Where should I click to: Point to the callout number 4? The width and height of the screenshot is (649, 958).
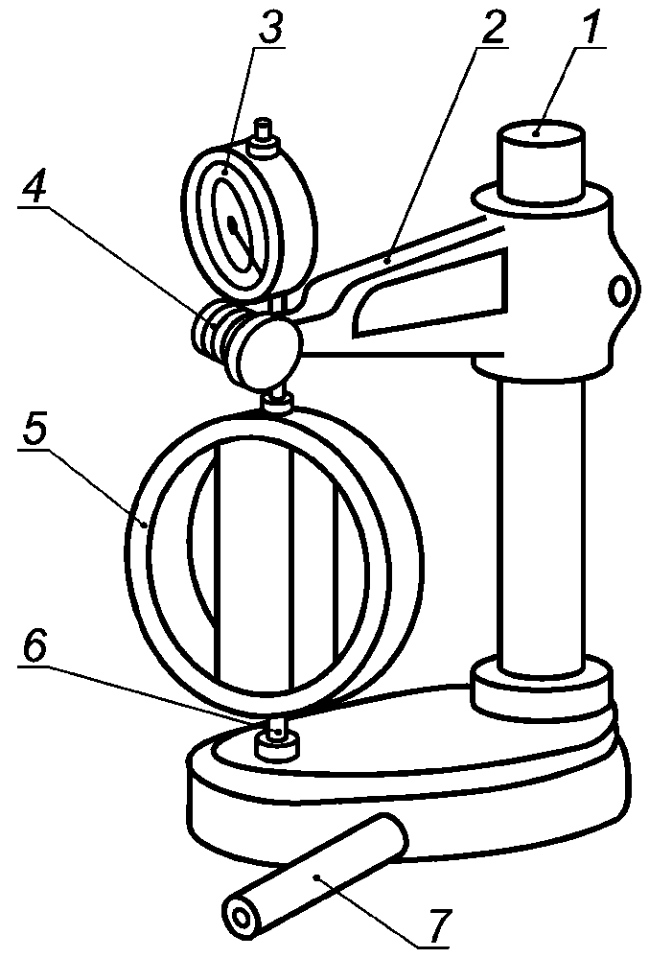33,186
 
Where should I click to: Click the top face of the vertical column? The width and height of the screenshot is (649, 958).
541,132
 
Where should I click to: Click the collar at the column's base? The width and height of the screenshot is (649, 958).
541,686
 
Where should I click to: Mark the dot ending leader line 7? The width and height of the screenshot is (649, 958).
317,877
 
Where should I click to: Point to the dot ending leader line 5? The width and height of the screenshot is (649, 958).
144,524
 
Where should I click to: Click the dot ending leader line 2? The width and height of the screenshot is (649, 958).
387,261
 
